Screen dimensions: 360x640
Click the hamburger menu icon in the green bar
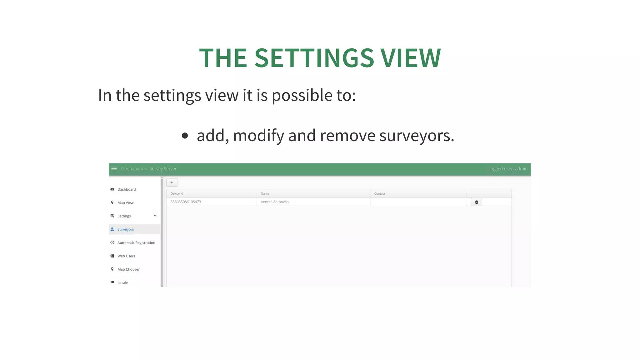tap(114, 169)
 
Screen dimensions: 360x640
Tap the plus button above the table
tap(172, 182)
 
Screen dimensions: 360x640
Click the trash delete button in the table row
tap(476, 202)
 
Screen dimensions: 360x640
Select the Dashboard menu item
tap(127, 189)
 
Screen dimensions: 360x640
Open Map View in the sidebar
tap(125, 203)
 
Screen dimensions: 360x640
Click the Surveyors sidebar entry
tap(126, 229)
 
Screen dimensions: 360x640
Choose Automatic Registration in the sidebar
tap(136, 243)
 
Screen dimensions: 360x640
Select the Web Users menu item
tap(126, 256)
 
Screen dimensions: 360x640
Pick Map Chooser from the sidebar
tap(128, 269)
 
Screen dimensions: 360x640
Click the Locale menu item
tap(123, 283)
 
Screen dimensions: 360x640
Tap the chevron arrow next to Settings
tap(155, 216)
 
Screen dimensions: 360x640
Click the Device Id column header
tap(177, 194)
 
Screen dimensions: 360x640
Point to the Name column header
tap(265, 194)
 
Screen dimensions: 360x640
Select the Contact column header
tap(380, 194)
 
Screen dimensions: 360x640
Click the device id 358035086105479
tap(186, 202)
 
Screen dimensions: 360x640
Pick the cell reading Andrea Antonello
tap(275, 202)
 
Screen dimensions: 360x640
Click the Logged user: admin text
tap(508, 169)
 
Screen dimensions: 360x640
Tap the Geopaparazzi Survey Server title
tap(149, 169)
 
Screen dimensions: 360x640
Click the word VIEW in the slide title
tap(411, 58)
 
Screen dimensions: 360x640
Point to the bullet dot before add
tap(185, 136)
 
